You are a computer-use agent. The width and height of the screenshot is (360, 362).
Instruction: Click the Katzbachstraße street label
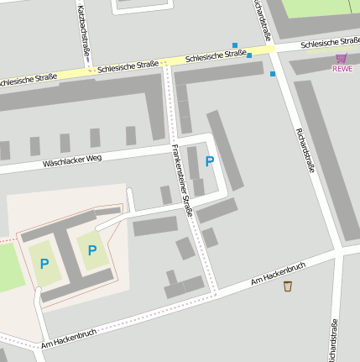(x=85, y=32)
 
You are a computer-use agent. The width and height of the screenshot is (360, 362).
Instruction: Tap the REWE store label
(x=342, y=69)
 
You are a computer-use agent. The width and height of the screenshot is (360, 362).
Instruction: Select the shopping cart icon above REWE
(x=342, y=58)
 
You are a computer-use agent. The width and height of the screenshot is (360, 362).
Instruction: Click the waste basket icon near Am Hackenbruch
(x=288, y=286)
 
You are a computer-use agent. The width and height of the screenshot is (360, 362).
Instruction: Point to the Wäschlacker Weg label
(x=71, y=160)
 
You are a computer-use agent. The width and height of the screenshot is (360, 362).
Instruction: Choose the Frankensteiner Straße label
(x=182, y=181)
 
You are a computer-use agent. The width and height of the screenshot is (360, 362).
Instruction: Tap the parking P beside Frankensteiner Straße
(x=210, y=160)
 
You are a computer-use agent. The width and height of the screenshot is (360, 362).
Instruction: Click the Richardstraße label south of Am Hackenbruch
(x=334, y=339)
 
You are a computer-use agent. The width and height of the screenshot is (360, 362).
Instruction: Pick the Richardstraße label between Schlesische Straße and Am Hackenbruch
(x=305, y=150)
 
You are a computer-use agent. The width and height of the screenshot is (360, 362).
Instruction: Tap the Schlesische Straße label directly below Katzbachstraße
(x=128, y=66)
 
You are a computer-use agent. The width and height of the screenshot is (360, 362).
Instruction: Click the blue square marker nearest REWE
(x=273, y=74)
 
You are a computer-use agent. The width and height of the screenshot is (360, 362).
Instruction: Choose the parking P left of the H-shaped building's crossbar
(x=44, y=264)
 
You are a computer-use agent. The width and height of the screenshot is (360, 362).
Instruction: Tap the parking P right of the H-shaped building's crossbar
(x=91, y=249)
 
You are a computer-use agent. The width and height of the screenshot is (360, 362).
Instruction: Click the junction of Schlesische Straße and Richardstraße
(x=273, y=50)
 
